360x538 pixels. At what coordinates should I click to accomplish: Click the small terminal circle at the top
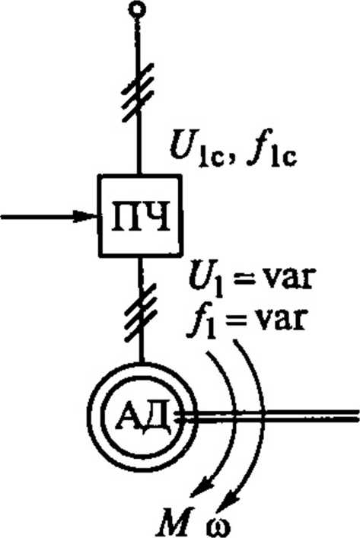tap(137, 8)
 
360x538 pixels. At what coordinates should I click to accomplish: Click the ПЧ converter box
tap(140, 215)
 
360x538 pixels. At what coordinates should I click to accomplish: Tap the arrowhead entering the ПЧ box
tap(86, 216)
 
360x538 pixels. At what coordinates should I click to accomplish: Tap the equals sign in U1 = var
tap(242, 279)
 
